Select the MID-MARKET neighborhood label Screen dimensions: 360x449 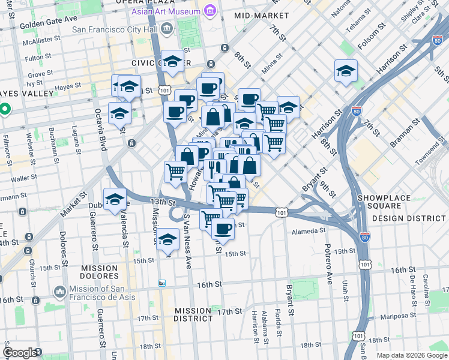(258, 15)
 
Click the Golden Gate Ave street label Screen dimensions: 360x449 (46, 26)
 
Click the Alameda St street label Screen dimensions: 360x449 (309, 229)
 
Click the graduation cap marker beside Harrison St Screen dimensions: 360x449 (346, 72)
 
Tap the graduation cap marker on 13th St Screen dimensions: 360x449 (115, 200)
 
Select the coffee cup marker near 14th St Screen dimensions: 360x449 (223, 229)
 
